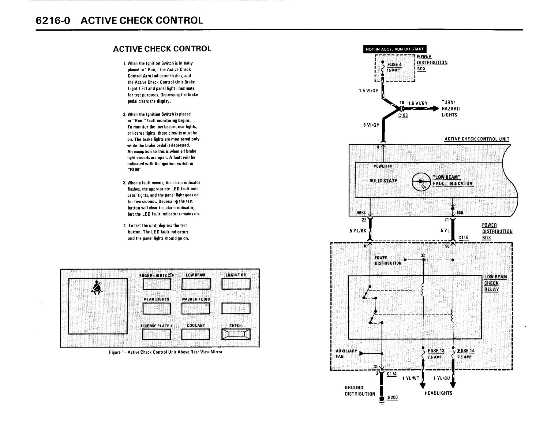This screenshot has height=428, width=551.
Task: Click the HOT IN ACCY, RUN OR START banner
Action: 395,49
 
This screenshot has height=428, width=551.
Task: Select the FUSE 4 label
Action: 394,65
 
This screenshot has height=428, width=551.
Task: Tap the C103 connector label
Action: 403,116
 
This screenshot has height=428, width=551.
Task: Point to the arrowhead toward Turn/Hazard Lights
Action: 434,109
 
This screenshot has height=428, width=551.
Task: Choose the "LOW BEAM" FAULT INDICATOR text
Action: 452,181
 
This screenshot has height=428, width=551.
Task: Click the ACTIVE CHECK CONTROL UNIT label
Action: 477,139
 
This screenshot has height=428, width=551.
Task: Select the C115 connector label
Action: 463,238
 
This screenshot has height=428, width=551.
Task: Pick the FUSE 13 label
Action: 436,351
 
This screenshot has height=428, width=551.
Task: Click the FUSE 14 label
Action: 466,351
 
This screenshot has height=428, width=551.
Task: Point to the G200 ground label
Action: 393,398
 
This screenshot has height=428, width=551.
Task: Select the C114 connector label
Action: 392,374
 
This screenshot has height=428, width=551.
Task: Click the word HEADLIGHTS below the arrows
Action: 438,393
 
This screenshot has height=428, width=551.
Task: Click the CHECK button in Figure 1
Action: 236,334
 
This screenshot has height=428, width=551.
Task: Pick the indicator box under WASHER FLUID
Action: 196,308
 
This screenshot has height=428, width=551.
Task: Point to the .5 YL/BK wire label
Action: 357,231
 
